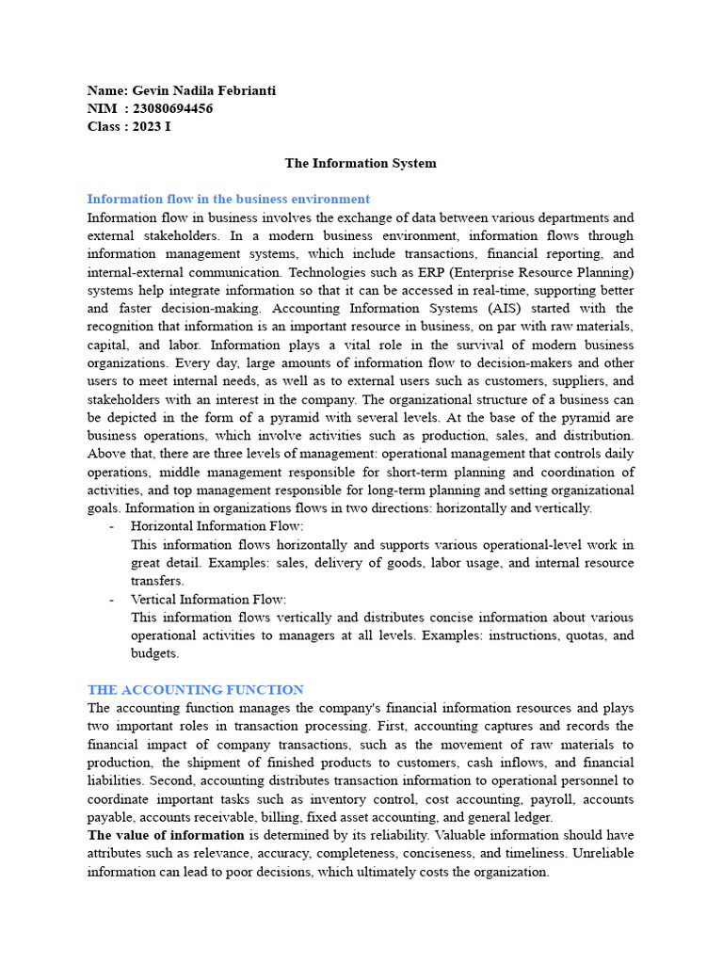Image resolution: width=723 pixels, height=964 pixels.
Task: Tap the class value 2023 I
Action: pos(151,126)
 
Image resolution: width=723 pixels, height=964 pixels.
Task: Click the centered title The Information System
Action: pos(361,163)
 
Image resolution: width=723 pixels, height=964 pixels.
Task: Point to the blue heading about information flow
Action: pos(229,199)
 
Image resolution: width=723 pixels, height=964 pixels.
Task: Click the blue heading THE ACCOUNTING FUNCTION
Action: pos(195,690)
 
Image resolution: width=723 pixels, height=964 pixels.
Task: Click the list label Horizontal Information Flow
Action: pos(217,526)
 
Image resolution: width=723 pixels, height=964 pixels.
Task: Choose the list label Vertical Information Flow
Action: pos(208,599)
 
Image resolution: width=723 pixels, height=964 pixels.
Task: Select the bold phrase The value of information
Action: pos(167,835)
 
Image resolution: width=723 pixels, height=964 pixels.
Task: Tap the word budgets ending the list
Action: pos(153,653)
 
